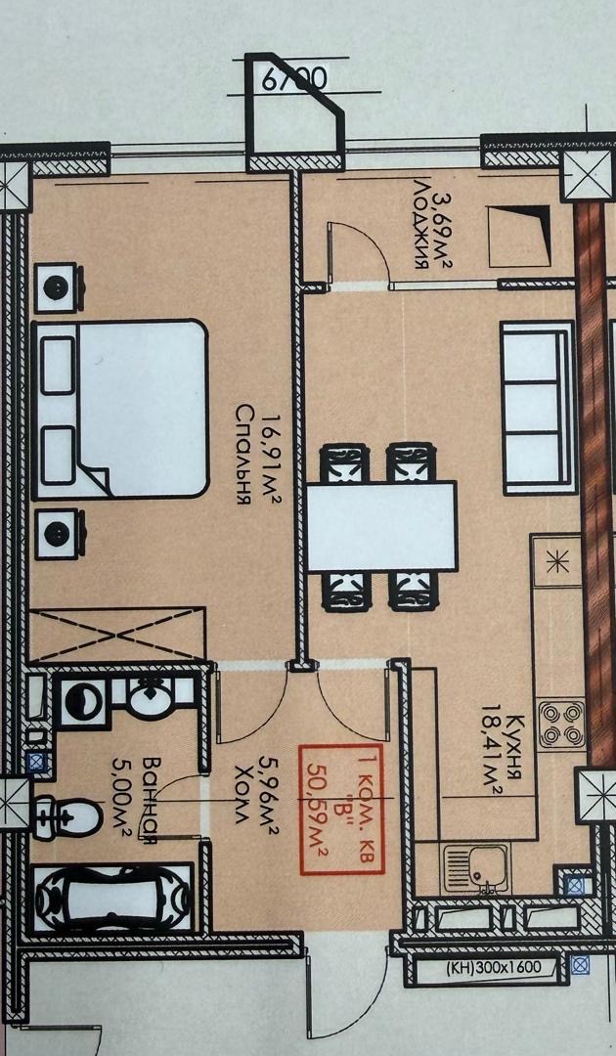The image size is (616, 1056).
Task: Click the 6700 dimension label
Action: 294,79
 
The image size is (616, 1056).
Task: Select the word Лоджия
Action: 422,224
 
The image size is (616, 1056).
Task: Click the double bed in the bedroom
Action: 120,409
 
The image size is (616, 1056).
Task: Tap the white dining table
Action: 381,526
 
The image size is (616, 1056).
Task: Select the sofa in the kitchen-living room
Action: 539,408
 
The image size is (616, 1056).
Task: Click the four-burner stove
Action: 561,724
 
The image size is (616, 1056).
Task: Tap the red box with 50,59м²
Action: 341,810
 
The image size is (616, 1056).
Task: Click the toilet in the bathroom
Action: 67,816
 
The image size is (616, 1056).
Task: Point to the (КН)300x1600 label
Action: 494,968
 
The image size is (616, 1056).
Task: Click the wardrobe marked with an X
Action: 117,635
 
